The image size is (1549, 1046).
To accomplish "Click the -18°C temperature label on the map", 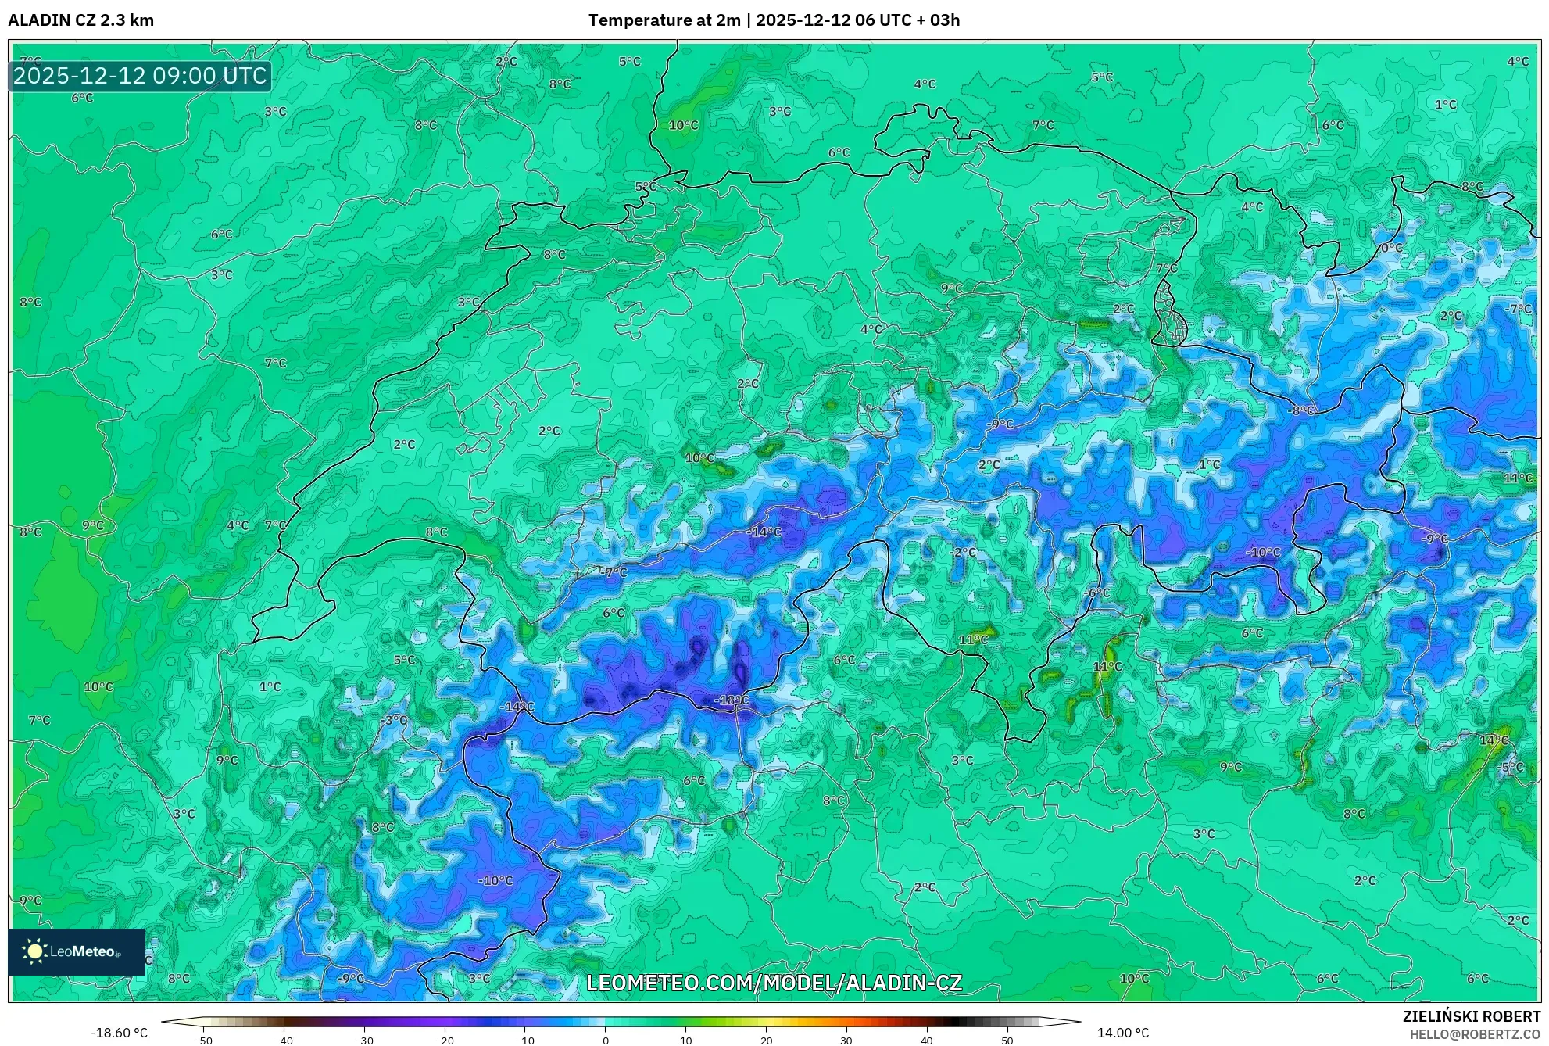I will coord(732,700).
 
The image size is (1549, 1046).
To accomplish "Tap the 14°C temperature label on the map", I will coord(1494,740).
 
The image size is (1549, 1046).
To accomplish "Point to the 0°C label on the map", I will coord(1391,248).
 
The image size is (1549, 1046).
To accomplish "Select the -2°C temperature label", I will coord(964,552).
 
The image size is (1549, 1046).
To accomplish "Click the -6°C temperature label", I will coord(1097,593).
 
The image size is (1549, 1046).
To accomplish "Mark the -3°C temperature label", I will coord(394,720).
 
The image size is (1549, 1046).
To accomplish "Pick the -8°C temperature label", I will coord(1301,410).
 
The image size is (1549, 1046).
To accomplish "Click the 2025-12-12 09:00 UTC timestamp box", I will coord(140,76).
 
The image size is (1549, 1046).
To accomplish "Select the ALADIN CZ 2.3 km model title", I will coord(81,20).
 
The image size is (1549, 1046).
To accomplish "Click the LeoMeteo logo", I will coord(77,951).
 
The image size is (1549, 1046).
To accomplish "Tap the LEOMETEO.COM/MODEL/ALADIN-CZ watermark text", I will coord(774,983).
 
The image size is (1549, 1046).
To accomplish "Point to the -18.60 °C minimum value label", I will coord(119,1033).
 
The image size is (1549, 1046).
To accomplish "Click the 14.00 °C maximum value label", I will coord(1123,1033).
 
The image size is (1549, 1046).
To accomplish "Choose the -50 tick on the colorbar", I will coord(203,1041).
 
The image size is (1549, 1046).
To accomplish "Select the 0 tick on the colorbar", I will coord(605,1041).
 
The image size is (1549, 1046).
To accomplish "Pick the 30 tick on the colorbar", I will coord(846,1041).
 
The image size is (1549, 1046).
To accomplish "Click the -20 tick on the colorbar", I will coord(444,1041).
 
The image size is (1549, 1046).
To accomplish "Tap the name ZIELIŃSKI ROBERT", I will coord(1472,1016).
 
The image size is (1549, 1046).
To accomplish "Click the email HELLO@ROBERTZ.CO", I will coord(1475,1034).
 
